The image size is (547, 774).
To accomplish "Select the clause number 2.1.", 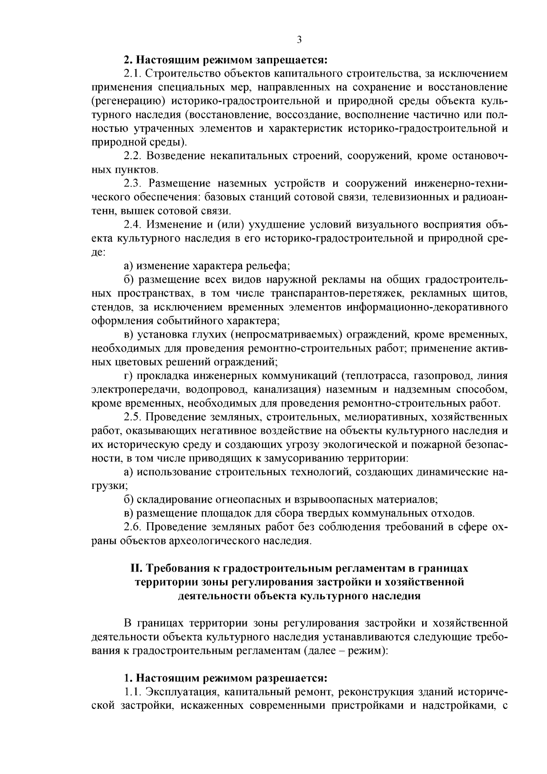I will [133, 73].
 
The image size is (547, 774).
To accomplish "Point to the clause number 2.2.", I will [133, 156].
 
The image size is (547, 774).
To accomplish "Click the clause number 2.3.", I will [133, 183].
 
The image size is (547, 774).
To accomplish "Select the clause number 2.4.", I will [133, 224].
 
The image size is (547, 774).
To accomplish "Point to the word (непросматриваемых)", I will [286, 335].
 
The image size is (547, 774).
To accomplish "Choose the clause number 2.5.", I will [133, 417].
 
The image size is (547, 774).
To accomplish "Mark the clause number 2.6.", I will [133, 527].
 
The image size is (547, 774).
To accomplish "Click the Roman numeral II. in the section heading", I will [137, 568].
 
